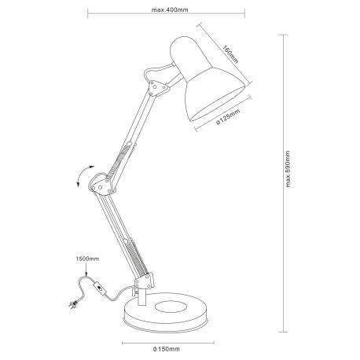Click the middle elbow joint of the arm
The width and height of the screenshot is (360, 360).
point(103,186)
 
